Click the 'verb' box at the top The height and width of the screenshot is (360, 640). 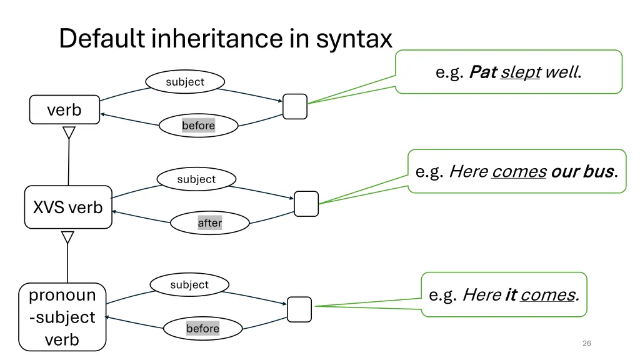(x=64, y=110)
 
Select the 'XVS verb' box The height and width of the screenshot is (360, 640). (x=68, y=207)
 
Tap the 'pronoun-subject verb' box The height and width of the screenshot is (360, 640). (x=62, y=317)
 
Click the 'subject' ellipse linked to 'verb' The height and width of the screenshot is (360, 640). (x=185, y=82)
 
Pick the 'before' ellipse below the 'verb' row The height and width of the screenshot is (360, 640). (x=198, y=126)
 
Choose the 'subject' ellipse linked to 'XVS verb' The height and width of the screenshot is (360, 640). (x=196, y=179)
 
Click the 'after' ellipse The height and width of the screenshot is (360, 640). (x=209, y=223)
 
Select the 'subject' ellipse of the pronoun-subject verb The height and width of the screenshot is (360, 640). (x=189, y=285)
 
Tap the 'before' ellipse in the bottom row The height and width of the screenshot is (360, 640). (x=202, y=329)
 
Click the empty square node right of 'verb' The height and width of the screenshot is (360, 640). (x=295, y=106)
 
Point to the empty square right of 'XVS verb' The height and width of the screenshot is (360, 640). (x=306, y=204)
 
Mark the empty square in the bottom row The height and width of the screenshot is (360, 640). (x=299, y=309)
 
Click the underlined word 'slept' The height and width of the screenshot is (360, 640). (x=521, y=72)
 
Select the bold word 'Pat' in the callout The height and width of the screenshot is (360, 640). (x=482, y=72)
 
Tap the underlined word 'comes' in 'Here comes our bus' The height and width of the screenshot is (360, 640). (x=519, y=171)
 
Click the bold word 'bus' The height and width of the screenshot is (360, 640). (x=598, y=171)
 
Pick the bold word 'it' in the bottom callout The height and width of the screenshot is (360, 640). (x=510, y=295)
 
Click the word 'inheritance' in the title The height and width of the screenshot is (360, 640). (x=217, y=39)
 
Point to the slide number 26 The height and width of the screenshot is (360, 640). (x=586, y=343)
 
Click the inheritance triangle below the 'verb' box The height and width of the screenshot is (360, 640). (x=69, y=133)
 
